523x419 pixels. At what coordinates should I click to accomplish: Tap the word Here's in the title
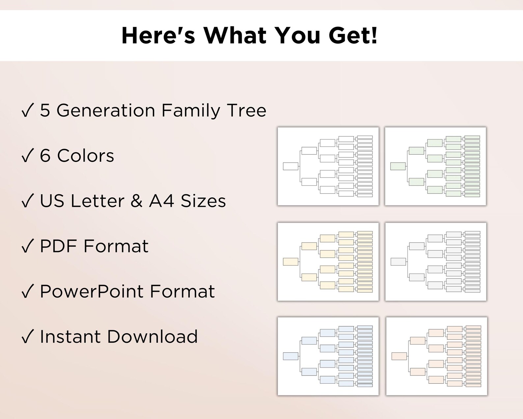point(158,35)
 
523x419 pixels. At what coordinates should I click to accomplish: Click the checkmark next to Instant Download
point(28,337)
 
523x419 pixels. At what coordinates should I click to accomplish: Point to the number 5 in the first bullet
point(45,110)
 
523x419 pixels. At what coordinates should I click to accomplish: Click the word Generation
point(106,110)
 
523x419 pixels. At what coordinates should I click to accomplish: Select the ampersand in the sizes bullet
point(137,201)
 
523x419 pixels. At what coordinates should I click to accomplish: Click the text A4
point(161,201)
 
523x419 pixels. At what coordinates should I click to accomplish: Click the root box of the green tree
point(398,166)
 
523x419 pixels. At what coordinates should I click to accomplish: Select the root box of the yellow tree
point(290,262)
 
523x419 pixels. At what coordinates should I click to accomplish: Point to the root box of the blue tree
point(290,356)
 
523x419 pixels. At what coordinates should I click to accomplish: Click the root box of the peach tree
point(399,356)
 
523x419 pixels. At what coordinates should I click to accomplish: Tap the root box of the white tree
point(290,166)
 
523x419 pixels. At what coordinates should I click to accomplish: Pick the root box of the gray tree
point(398,262)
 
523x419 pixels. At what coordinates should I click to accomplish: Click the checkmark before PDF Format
point(28,246)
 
